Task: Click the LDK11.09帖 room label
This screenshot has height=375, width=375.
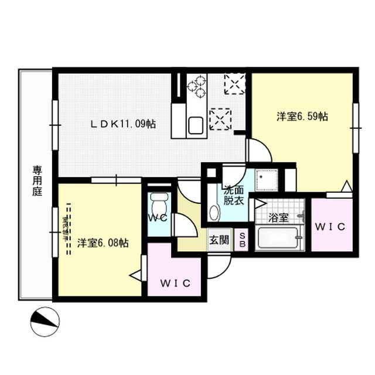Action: [122, 124]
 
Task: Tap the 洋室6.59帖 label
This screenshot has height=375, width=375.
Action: [302, 116]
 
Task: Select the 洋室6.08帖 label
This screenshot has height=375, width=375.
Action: [103, 243]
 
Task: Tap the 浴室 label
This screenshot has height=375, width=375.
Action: [278, 218]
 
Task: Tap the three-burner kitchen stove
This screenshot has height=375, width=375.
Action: [196, 87]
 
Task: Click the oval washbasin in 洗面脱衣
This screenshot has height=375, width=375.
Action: [214, 212]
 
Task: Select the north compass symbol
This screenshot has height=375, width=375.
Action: [45, 320]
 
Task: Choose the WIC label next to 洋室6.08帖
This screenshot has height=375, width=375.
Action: [175, 284]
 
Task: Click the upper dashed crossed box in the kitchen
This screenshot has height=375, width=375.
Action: [235, 84]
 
